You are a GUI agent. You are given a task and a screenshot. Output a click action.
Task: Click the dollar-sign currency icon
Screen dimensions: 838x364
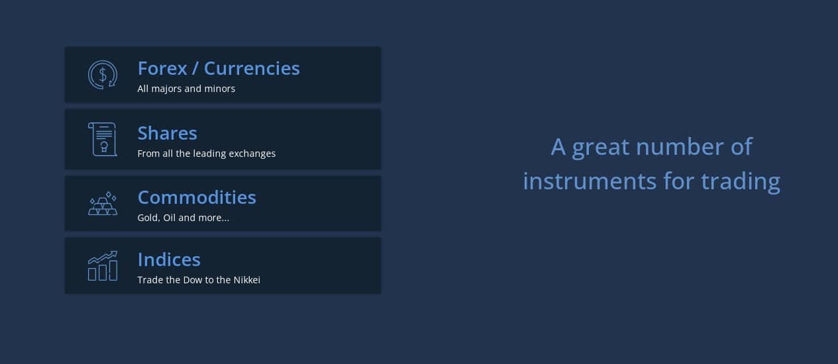click(103, 75)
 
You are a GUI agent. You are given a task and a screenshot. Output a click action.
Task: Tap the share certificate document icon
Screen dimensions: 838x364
click(103, 140)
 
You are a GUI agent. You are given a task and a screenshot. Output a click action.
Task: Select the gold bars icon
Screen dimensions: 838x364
click(103, 204)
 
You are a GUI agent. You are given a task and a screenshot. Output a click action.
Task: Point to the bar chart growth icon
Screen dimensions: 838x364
click(103, 265)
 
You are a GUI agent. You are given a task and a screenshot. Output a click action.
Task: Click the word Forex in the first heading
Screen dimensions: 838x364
click(162, 68)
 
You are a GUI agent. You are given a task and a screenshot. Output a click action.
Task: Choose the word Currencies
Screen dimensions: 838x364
click(252, 68)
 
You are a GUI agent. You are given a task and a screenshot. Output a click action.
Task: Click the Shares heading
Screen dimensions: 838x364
click(167, 134)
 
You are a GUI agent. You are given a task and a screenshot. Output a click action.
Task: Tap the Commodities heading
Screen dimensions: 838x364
click(197, 198)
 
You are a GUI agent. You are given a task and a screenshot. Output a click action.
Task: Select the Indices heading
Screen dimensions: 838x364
click(169, 259)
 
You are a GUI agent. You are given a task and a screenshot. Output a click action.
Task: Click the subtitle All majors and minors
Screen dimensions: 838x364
click(186, 89)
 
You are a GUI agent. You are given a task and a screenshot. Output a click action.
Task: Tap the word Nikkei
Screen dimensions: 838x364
click(246, 280)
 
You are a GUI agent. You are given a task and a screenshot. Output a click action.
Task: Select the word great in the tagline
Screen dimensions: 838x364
click(600, 147)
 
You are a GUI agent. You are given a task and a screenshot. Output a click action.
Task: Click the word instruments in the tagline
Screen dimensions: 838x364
click(590, 181)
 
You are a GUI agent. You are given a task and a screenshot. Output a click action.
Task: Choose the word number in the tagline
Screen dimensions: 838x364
click(680, 146)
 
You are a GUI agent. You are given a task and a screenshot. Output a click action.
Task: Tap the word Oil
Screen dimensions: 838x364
click(169, 218)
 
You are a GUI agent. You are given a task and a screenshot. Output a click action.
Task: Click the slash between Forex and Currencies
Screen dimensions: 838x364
click(195, 69)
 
